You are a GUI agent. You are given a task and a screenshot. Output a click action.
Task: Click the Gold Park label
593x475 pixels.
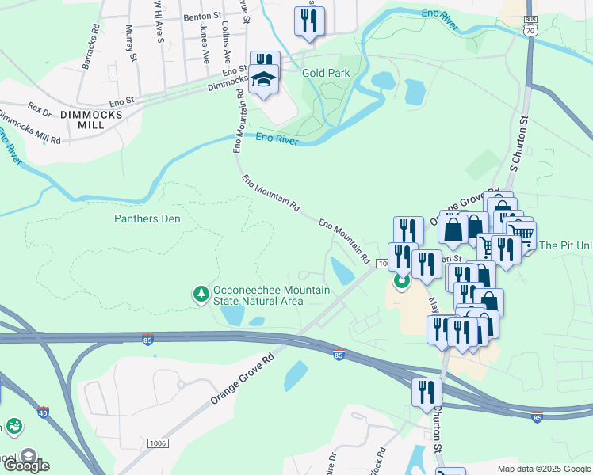(x=326, y=73)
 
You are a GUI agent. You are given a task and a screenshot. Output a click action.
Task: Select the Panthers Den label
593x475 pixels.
(x=147, y=218)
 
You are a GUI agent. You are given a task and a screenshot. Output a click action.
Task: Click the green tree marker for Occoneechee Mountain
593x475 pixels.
(x=201, y=294)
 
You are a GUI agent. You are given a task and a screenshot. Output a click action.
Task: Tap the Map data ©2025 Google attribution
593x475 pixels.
(x=543, y=469)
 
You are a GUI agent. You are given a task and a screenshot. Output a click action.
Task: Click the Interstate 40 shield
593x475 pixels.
(x=42, y=412)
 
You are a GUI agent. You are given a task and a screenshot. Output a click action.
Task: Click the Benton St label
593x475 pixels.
(x=201, y=16)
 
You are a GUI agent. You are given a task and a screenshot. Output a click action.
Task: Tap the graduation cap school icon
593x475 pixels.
(x=263, y=80)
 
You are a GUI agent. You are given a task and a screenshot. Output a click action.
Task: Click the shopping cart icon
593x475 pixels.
(x=521, y=234)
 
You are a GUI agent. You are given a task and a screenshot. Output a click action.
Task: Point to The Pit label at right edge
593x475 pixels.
(x=565, y=245)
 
